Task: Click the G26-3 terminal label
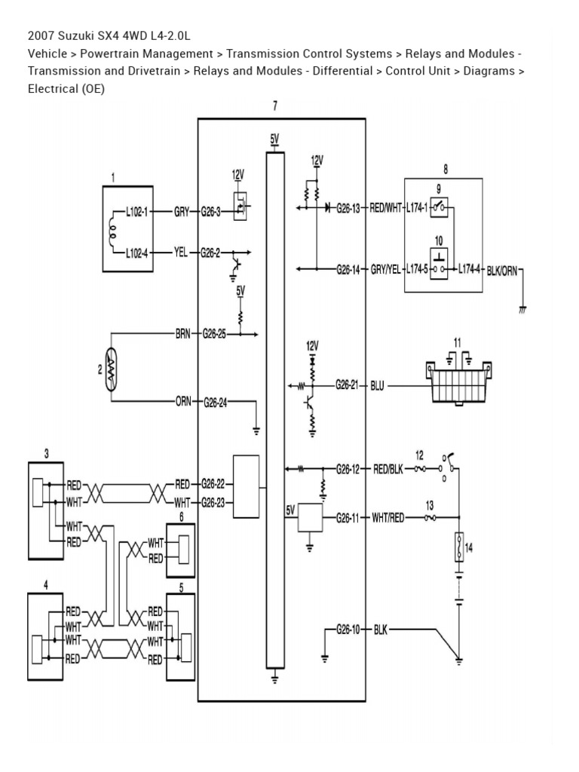(x=211, y=212)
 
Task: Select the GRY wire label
(x=182, y=212)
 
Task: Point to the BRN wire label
(x=183, y=332)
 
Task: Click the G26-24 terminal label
(x=215, y=402)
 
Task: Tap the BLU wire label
(x=378, y=386)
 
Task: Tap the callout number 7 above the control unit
(x=275, y=106)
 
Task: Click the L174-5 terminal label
(x=417, y=268)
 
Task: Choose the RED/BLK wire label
(x=388, y=468)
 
